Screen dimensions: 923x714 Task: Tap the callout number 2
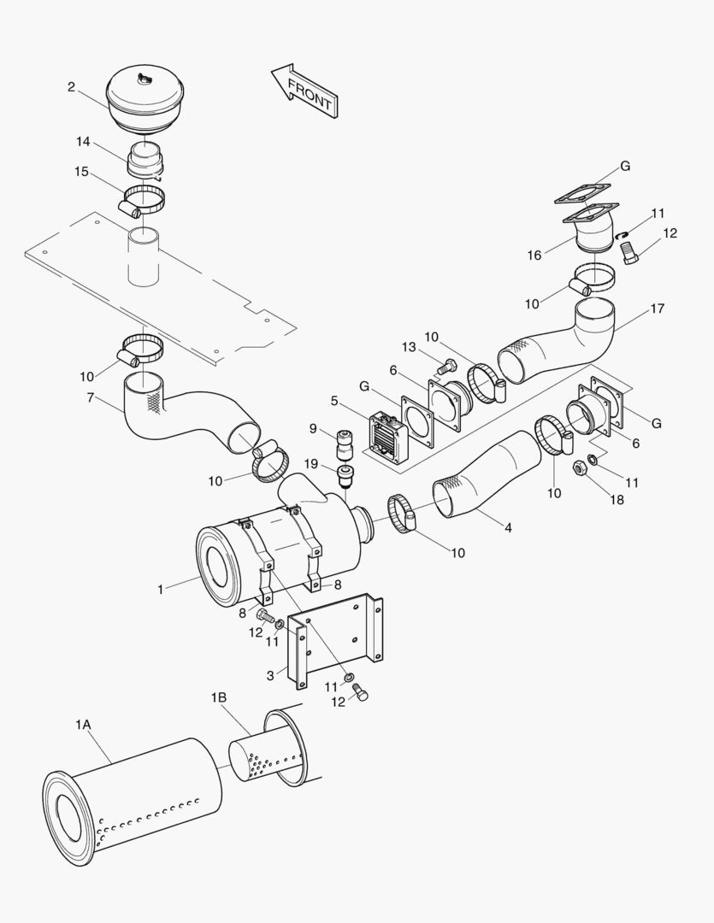tap(71, 86)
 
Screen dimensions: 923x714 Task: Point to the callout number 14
tap(82, 141)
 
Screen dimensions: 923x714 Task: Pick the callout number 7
tap(91, 398)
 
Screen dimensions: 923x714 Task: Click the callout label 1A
tap(83, 725)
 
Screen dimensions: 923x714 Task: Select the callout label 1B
tap(219, 697)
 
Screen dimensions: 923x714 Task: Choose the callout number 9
tap(313, 427)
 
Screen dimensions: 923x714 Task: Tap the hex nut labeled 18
tap(578, 467)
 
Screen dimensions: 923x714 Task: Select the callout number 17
tap(657, 309)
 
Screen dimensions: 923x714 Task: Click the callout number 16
tap(534, 256)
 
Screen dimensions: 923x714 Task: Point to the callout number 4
tap(508, 527)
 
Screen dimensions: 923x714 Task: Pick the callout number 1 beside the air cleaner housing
tap(161, 588)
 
